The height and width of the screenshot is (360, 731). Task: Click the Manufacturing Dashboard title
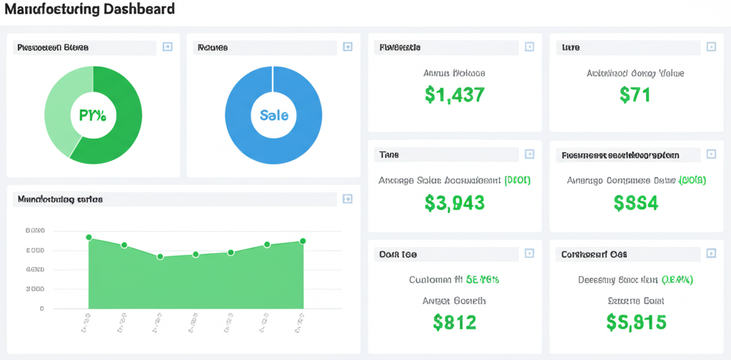coord(89,10)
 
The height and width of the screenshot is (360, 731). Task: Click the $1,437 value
coord(455,94)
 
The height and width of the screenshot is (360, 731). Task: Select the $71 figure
coord(635,94)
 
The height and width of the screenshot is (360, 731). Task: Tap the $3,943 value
coord(455,203)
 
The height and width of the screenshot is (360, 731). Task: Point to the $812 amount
coord(455,322)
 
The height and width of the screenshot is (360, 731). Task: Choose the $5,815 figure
coord(636,322)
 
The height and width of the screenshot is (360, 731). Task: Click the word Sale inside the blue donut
coord(274,115)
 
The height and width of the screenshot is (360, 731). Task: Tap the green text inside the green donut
coord(93,115)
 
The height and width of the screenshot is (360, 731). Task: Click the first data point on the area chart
coord(89,237)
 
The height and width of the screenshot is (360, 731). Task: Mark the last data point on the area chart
coord(303,241)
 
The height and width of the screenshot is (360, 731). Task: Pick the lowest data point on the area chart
coord(160,256)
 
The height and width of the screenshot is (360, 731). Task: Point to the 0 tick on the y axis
coord(42,309)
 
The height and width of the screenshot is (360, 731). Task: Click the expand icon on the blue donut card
coord(348,47)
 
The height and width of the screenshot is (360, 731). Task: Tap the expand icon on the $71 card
coord(711,47)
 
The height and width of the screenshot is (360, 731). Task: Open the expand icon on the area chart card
coord(348,199)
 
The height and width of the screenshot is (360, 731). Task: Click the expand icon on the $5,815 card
coord(711,254)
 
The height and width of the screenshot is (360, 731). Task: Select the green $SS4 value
coord(636,203)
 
